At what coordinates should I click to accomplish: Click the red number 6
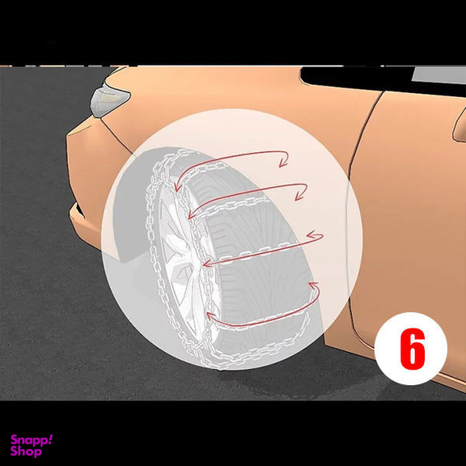[x=413, y=349]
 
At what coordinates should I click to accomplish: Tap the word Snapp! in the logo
[x=32, y=440]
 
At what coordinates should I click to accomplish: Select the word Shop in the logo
[x=26, y=451]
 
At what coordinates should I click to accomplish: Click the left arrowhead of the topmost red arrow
[x=177, y=187]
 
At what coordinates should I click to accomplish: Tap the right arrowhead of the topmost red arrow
[x=283, y=163]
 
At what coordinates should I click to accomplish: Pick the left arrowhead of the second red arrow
[x=192, y=214]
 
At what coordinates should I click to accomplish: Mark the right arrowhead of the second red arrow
[x=300, y=196]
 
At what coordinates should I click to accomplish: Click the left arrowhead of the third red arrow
[x=207, y=264]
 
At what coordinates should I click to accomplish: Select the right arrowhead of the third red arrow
[x=311, y=235]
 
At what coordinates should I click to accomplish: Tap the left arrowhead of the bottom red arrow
[x=210, y=316]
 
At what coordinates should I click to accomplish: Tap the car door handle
[x=460, y=125]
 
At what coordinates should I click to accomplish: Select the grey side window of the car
[x=438, y=75]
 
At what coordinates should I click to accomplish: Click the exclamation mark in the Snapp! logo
[x=50, y=439]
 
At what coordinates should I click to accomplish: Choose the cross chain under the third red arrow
[x=256, y=252]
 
